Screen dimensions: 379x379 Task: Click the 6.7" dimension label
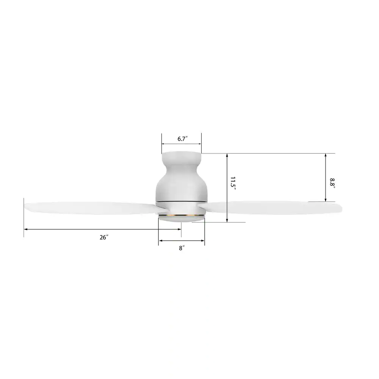tap(183, 139)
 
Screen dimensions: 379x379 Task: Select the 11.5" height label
tap(233, 183)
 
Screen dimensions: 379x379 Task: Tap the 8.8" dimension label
tap(332, 183)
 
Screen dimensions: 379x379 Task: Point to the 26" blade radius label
tap(104, 237)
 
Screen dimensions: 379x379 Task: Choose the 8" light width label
tap(182, 248)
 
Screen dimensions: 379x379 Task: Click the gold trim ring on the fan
tap(181, 215)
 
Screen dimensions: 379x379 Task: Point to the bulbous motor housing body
tap(181, 186)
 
